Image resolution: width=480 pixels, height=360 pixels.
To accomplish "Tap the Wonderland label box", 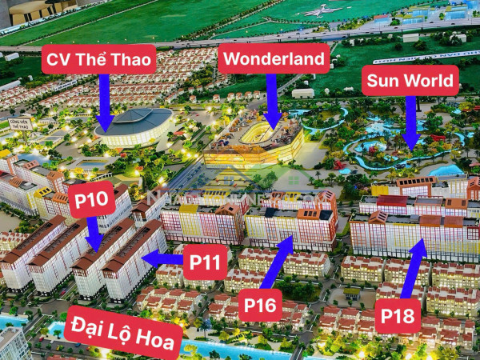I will click(274, 58).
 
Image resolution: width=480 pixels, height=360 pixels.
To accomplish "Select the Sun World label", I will click(410, 81).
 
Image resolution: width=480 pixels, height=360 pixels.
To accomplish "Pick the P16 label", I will click(261, 304).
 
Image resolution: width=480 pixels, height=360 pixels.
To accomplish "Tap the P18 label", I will click(398, 314).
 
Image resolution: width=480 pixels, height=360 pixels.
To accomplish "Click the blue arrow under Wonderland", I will click(272, 100).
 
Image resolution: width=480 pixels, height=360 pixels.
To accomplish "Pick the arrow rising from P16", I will click(279, 260).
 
